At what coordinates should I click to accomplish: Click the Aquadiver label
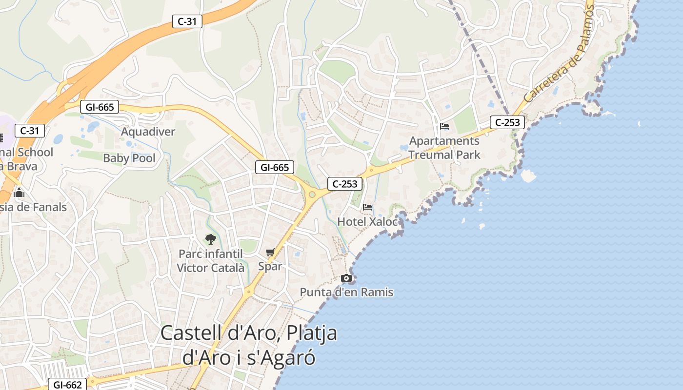point(148,132)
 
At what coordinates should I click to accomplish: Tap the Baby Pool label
point(129,158)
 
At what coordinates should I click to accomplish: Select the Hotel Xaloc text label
point(368,221)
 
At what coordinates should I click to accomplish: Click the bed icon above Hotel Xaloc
point(367,207)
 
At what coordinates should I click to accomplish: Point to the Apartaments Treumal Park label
point(444,148)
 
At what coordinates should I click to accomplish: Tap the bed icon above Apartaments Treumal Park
point(444,126)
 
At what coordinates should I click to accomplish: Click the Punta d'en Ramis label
point(346,292)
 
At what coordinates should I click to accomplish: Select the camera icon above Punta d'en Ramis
point(346,278)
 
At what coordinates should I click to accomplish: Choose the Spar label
point(270,266)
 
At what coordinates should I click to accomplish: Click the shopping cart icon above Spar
point(270,253)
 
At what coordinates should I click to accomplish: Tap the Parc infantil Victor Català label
point(210,261)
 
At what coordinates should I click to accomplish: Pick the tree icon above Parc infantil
point(210,239)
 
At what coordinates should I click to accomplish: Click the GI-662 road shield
point(67,385)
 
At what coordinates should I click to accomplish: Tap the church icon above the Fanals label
point(20,193)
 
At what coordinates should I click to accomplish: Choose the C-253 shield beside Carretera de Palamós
point(507,122)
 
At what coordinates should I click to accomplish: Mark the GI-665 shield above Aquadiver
point(99,107)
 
